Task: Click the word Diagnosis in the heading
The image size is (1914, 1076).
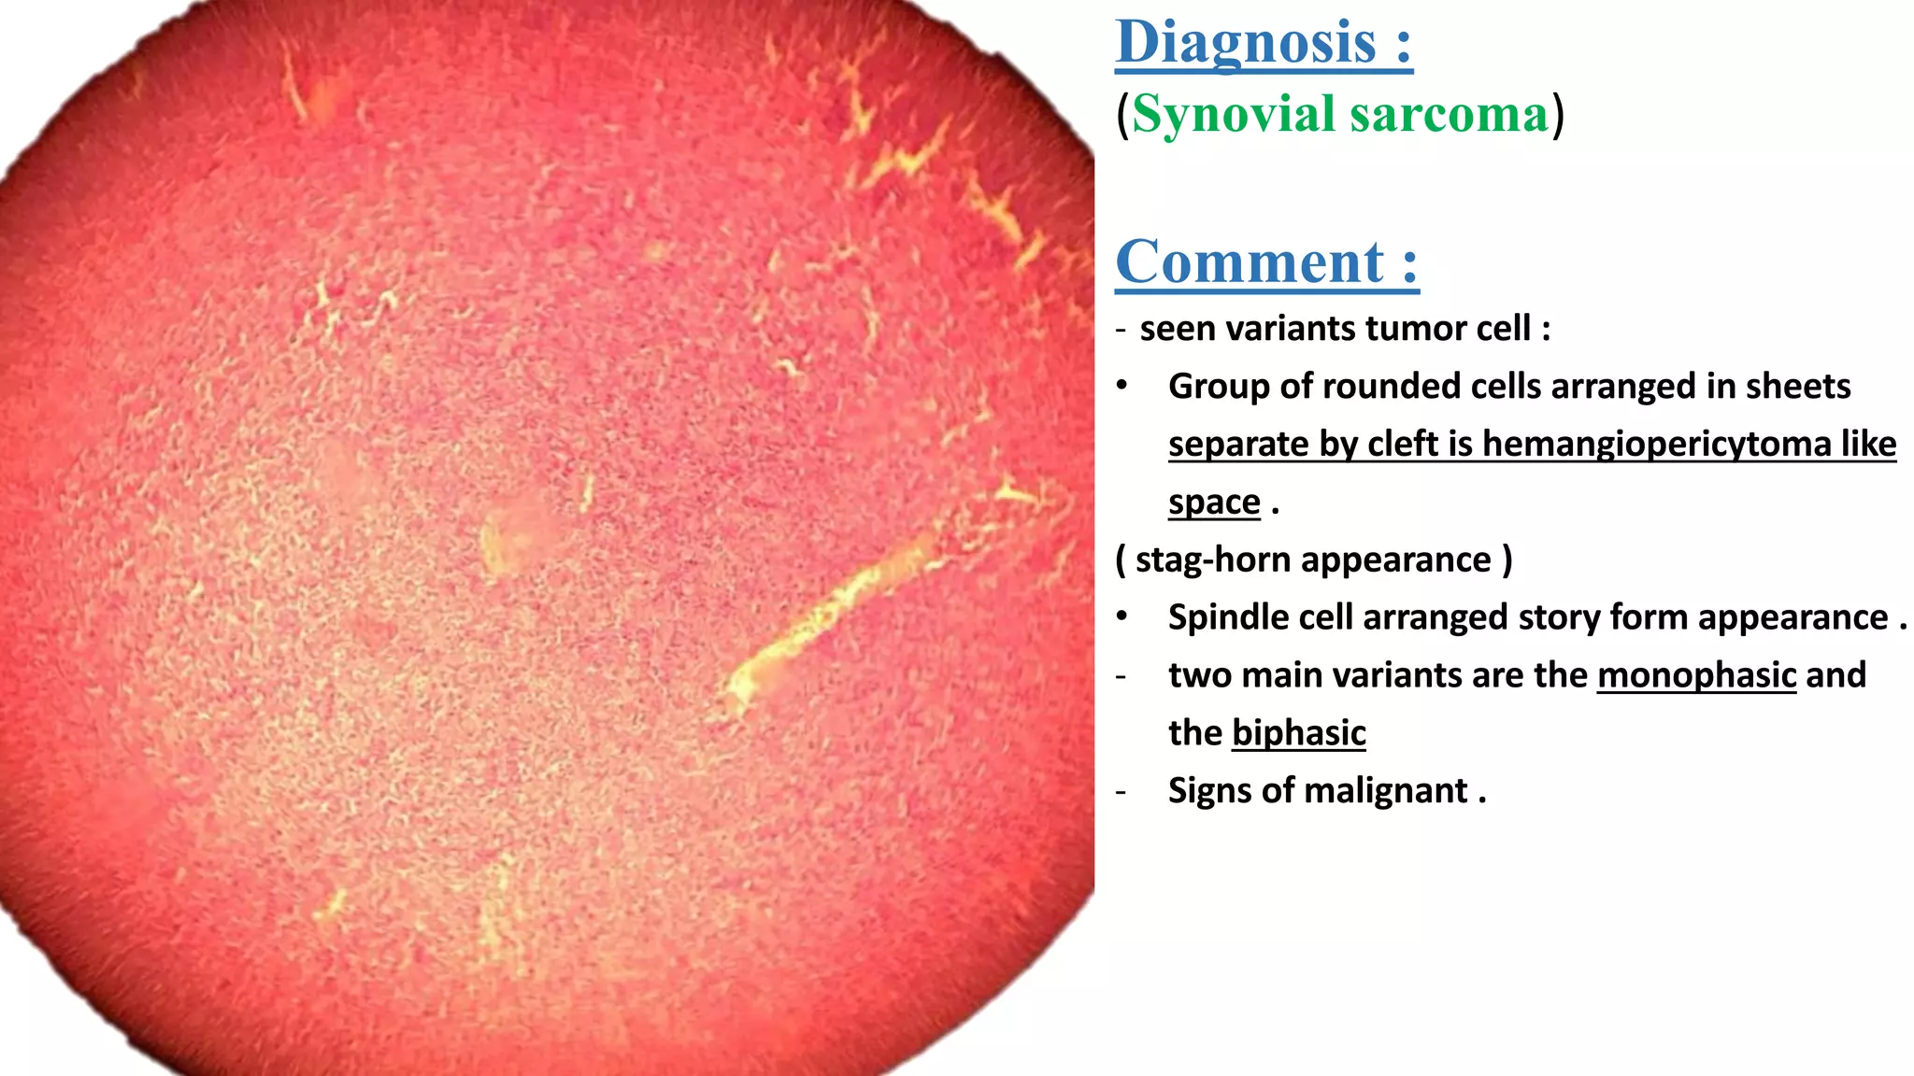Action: (1246, 44)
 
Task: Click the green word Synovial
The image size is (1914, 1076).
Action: (1234, 116)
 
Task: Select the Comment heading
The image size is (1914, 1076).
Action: (1250, 262)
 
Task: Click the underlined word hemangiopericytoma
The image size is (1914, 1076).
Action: (1657, 445)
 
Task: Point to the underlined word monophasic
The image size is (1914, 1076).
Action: (1696, 675)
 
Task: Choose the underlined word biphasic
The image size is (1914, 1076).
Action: (1298, 733)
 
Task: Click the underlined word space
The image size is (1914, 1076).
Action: (1214, 503)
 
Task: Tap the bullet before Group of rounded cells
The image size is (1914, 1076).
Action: (1121, 387)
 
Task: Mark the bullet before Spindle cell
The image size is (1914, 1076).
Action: (1121, 617)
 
